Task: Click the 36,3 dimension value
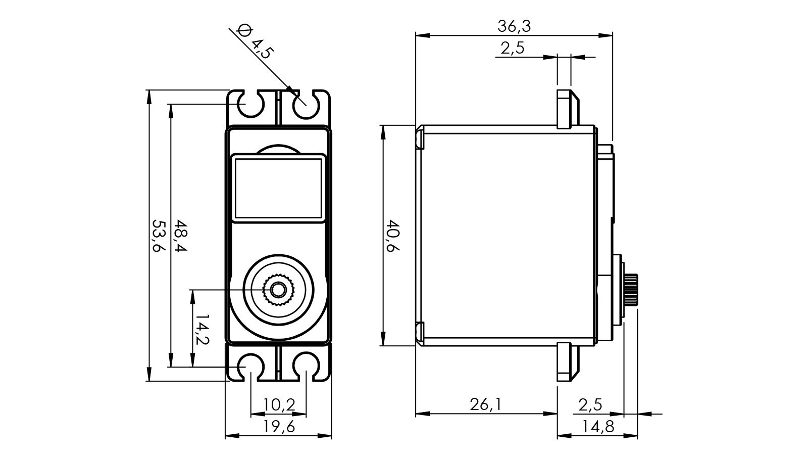click(x=514, y=26)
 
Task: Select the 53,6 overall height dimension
click(x=158, y=236)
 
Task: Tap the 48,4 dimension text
click(x=180, y=236)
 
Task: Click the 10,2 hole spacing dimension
click(x=279, y=405)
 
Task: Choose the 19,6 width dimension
click(x=279, y=427)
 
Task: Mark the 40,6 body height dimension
click(x=393, y=236)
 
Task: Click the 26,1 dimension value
click(x=485, y=405)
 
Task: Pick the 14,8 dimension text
click(x=598, y=427)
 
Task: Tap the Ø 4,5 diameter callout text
click(x=256, y=42)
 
